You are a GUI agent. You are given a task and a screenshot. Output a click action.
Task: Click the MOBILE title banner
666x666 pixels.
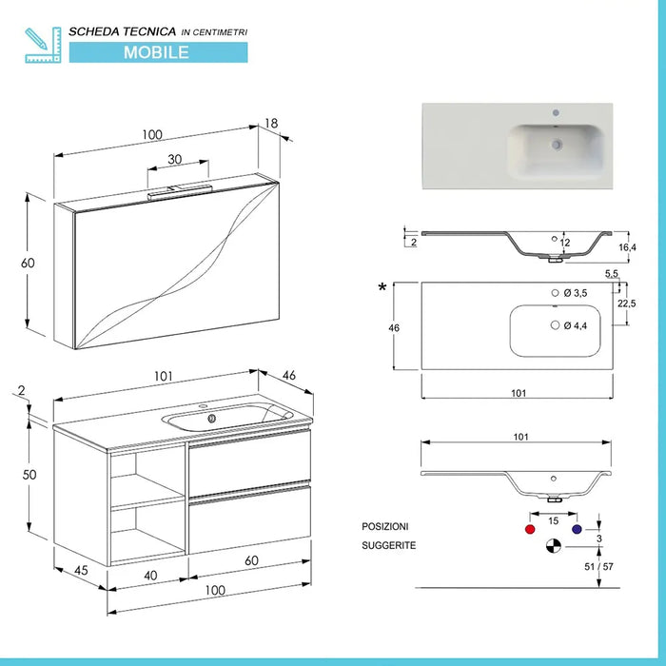point(156,51)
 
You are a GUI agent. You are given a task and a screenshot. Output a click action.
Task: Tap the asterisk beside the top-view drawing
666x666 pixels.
point(382,288)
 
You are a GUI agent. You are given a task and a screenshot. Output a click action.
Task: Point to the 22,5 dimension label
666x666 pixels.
point(627,304)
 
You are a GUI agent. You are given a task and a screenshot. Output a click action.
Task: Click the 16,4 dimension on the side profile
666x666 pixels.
point(626,247)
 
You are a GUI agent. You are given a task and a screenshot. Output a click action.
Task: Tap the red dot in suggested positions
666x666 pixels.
point(529,528)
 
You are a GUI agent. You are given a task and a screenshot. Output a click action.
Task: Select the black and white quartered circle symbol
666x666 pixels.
point(553,546)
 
